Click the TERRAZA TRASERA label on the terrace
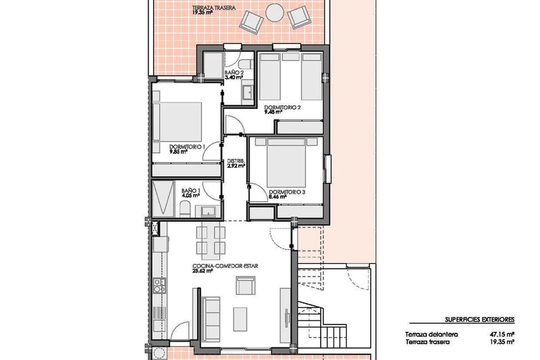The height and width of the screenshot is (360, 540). [214, 8]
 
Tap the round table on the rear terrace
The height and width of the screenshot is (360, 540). [274, 13]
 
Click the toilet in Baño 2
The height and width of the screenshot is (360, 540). [245, 64]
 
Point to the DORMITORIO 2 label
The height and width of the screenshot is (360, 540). [282, 107]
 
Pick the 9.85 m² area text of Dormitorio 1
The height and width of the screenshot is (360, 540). [179, 152]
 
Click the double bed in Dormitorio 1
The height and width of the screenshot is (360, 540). [177, 122]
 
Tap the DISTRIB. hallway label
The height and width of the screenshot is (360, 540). [236, 161]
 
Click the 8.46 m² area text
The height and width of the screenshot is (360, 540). [278, 197]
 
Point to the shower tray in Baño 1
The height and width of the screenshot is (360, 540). [163, 198]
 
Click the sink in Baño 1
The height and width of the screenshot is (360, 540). [208, 211]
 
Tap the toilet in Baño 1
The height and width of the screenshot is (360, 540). [185, 209]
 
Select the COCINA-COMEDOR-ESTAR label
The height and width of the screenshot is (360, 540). [225, 266]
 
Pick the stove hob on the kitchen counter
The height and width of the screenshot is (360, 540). [159, 286]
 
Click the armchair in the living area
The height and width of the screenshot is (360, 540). [245, 285]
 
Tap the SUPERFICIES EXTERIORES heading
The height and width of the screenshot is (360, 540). [480, 320]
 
